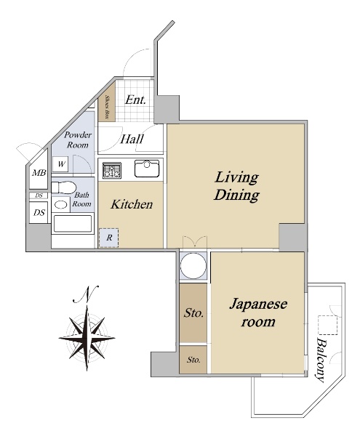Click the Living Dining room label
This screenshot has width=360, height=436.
coord(236,186)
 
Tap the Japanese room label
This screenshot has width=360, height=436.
coord(258,312)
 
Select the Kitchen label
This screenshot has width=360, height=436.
coord(132,204)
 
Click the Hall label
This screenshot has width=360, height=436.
coord(132,139)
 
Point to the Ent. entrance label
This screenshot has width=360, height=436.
coord(135,100)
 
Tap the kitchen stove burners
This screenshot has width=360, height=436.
coord(112,170)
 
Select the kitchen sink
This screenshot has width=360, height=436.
coord(147,169)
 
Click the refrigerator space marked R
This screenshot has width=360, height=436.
coord(109,238)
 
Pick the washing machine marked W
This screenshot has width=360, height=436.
coord(61,164)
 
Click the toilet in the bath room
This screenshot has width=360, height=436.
coord(64,187)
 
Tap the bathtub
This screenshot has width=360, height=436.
coord(73,224)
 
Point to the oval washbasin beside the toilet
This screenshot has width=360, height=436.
coord(61,205)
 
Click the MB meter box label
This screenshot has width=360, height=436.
coord(39,173)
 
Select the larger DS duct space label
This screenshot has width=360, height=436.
coord(39,213)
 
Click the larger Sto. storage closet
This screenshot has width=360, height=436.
coord(193,312)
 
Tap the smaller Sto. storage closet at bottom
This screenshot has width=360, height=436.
coord(193,360)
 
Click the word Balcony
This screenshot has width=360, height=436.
coord(321,360)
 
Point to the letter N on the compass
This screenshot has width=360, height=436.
coord(87,295)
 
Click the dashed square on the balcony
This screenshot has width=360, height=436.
coord(328,325)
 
